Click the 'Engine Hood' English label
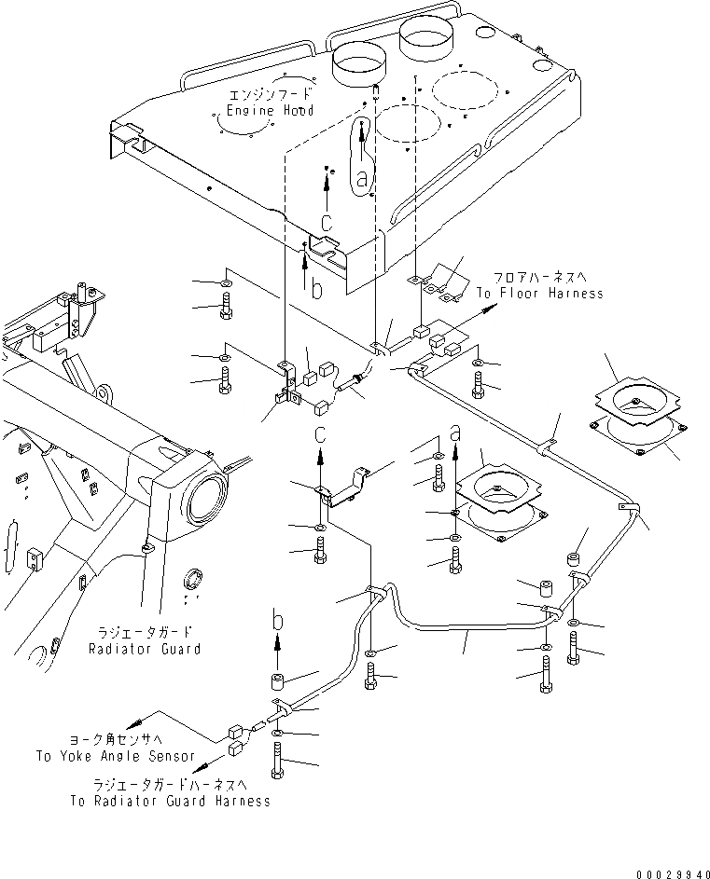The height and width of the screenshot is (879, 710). [x=268, y=110]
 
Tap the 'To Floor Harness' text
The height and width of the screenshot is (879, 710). [x=539, y=293]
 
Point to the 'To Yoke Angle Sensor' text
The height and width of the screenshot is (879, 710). [x=116, y=756]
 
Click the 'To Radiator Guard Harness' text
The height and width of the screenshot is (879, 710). [x=169, y=801]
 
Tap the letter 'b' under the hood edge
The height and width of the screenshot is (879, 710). [x=317, y=291]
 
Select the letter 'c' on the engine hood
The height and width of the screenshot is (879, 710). [x=326, y=223]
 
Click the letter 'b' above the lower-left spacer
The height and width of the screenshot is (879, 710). [x=278, y=618]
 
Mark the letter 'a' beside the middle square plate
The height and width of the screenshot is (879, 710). [x=455, y=433]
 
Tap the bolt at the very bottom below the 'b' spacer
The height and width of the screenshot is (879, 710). [x=278, y=770]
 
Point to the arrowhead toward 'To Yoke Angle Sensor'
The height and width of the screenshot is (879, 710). [x=133, y=722]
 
